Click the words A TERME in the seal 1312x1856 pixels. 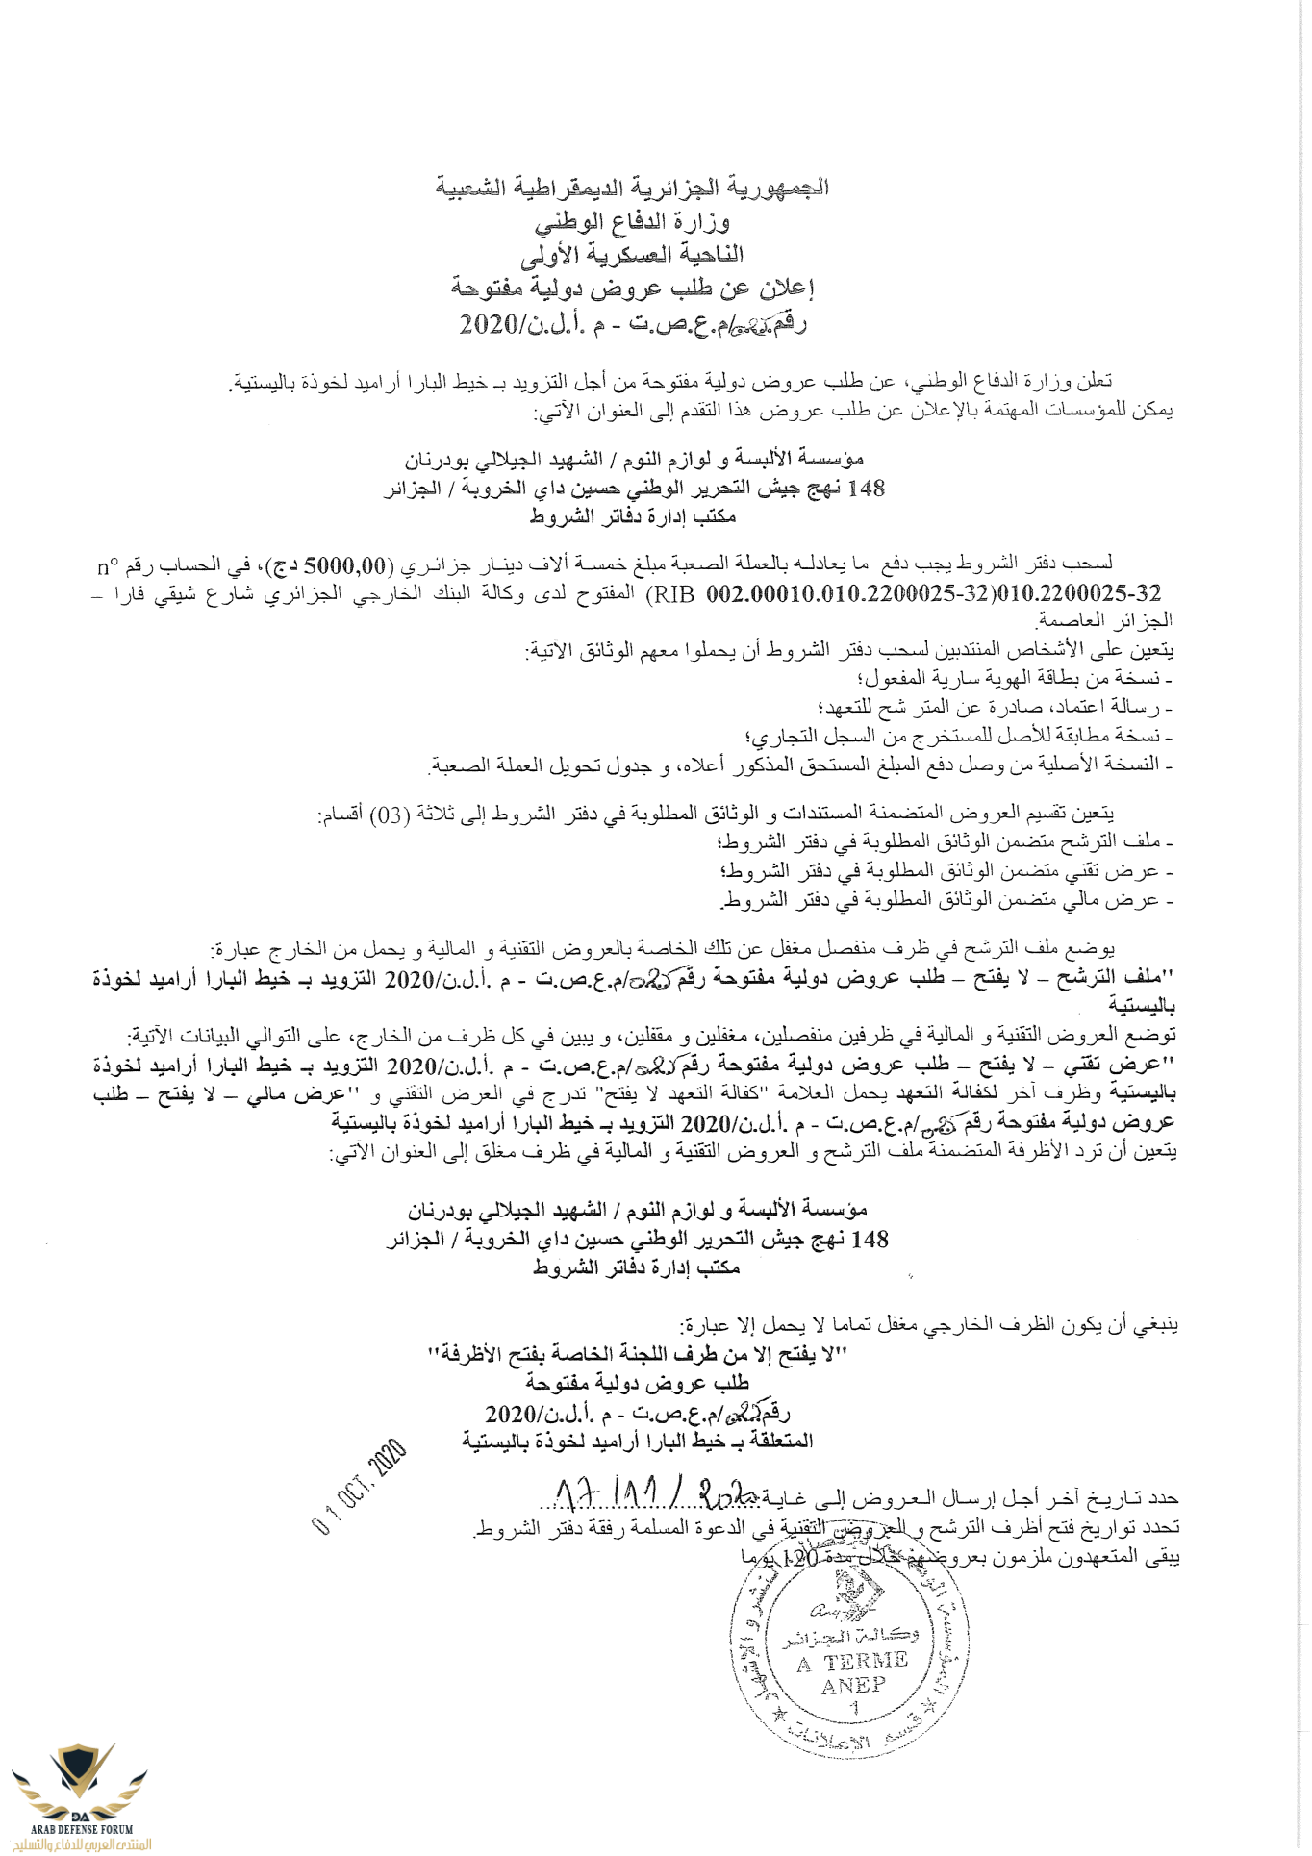[x=852, y=1661]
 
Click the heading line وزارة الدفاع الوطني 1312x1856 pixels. [x=632, y=222]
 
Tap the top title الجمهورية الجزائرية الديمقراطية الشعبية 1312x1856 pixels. [x=632, y=188]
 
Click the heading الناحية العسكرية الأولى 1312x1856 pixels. [x=632, y=255]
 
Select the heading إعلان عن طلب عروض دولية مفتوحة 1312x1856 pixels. [x=632, y=288]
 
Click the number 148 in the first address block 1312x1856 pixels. [x=865, y=489]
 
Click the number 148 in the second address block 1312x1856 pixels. [x=870, y=1240]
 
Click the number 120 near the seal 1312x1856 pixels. [x=800, y=1557]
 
